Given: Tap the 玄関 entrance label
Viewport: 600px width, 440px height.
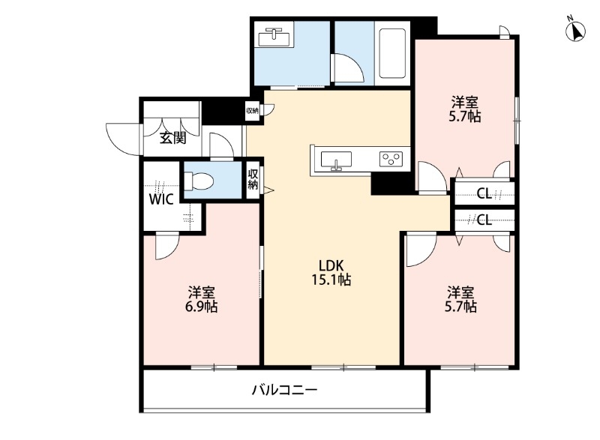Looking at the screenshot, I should (172, 137).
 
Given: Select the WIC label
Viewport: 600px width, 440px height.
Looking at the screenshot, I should (161, 199).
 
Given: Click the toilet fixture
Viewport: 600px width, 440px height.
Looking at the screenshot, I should (199, 180).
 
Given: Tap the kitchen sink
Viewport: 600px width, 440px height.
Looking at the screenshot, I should (336, 160).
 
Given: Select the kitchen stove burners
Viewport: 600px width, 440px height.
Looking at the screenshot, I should (391, 158).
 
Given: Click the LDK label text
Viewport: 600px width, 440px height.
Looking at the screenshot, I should (331, 265).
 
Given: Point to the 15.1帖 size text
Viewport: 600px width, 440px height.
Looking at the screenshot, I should (331, 280).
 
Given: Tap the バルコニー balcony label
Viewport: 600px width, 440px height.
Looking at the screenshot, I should (284, 390).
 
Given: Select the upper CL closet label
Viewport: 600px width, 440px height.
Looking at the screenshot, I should (484, 194).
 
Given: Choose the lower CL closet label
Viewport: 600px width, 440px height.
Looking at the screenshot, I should (484, 220).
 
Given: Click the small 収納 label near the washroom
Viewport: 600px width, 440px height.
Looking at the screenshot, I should (252, 111).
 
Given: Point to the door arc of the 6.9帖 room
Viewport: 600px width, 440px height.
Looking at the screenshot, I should (167, 246).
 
